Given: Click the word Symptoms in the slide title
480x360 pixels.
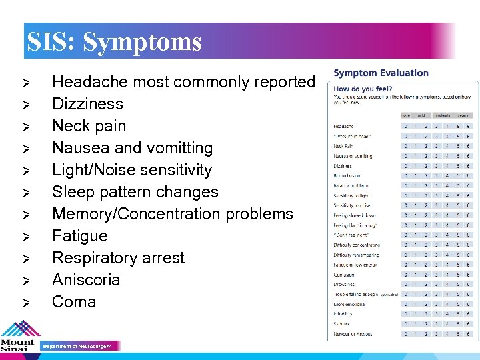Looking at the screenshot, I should tap(142, 42).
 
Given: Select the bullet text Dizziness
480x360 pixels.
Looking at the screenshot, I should tap(87, 104).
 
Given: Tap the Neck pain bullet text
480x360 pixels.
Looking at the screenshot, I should tap(89, 126).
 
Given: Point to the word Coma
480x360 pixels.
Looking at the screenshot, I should tap(74, 302).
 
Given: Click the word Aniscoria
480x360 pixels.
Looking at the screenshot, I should tap(86, 280).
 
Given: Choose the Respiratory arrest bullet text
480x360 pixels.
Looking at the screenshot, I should tap(118, 258).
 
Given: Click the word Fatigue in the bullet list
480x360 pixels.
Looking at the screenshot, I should tap(79, 236).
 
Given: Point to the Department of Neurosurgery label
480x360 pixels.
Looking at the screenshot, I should tap(77, 346).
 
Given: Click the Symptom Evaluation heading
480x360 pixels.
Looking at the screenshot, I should tap(381, 73).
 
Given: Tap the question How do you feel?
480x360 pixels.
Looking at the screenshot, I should tap(363, 89).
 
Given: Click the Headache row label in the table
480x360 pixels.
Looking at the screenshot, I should tap(343, 126).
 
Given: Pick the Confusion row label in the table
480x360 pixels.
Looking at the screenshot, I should tap(344, 275).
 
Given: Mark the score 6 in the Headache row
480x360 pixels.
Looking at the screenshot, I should tap(468, 126).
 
